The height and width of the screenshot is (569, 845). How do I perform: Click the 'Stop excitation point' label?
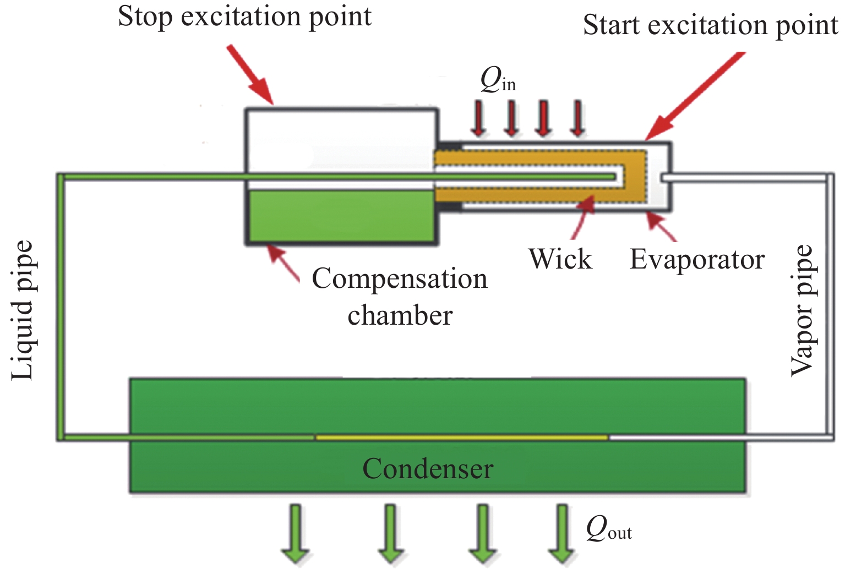click(x=244, y=17)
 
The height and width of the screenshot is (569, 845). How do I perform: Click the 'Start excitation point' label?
click(x=710, y=25)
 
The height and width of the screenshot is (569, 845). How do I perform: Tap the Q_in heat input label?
click(x=498, y=81)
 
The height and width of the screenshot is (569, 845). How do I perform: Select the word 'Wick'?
click(x=560, y=259)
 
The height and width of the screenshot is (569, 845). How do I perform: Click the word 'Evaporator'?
click(x=697, y=259)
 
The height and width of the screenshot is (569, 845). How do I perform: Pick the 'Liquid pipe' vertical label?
click(x=23, y=310)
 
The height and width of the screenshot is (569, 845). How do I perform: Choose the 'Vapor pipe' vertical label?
click(x=802, y=310)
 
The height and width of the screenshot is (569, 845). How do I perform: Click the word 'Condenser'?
click(x=428, y=469)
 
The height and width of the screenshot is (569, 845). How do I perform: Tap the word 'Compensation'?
click(x=399, y=278)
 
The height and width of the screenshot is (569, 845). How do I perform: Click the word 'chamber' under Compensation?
click(x=400, y=315)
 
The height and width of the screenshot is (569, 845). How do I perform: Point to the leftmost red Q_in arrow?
click(x=478, y=118)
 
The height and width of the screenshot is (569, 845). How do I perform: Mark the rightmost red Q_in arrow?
click(x=577, y=118)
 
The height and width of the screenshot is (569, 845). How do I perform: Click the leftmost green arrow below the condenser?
click(x=296, y=534)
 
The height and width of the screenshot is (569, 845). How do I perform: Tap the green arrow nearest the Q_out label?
click(x=561, y=534)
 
